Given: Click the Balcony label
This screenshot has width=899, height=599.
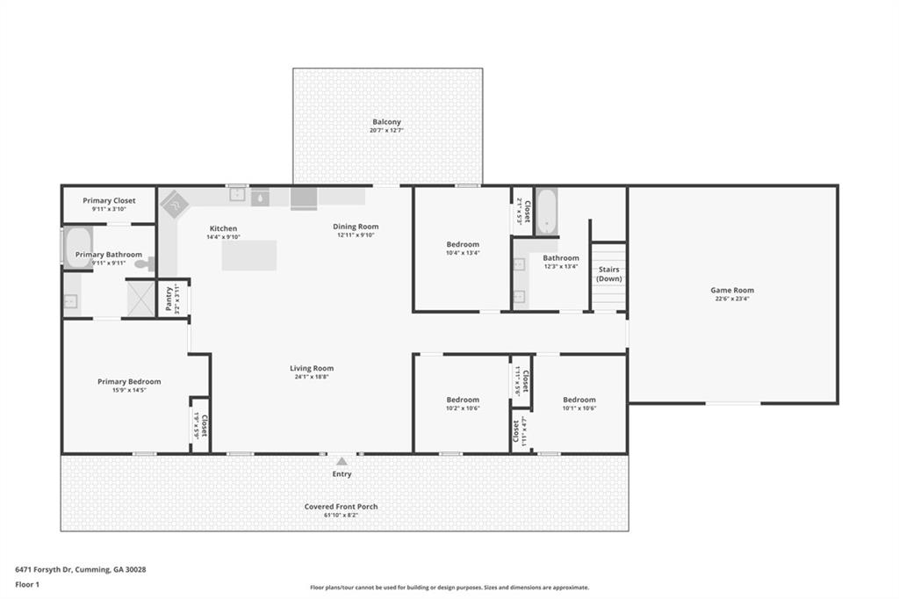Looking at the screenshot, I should pyautogui.click(x=387, y=122).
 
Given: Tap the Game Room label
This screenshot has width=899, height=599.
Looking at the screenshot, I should pyautogui.click(x=731, y=290).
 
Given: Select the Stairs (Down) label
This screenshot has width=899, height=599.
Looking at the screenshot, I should pyautogui.click(x=609, y=274).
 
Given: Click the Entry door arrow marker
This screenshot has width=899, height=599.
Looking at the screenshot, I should pyautogui.click(x=342, y=460).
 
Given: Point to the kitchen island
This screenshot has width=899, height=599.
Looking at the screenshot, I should pyautogui.click(x=249, y=256).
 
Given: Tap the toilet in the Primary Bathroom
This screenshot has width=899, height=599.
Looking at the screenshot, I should pyautogui.click(x=144, y=263).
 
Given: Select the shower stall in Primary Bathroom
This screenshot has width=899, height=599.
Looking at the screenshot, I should pyautogui.click(x=140, y=298).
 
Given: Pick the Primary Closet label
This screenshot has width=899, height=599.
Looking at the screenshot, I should pyautogui.click(x=109, y=201).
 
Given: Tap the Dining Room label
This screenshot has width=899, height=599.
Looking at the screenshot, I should pyautogui.click(x=356, y=227).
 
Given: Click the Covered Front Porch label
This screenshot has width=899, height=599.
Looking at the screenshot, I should pyautogui.click(x=342, y=507).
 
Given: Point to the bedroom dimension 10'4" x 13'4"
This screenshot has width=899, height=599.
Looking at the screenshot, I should pyautogui.click(x=463, y=253).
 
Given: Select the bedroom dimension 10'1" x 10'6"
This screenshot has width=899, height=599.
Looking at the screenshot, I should pyautogui.click(x=579, y=408).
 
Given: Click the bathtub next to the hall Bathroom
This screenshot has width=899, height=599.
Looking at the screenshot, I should pyautogui.click(x=546, y=211).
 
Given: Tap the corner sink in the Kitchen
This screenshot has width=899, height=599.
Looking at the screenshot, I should pyautogui.click(x=175, y=204).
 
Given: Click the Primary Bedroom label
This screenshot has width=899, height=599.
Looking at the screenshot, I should pyautogui.click(x=129, y=381).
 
